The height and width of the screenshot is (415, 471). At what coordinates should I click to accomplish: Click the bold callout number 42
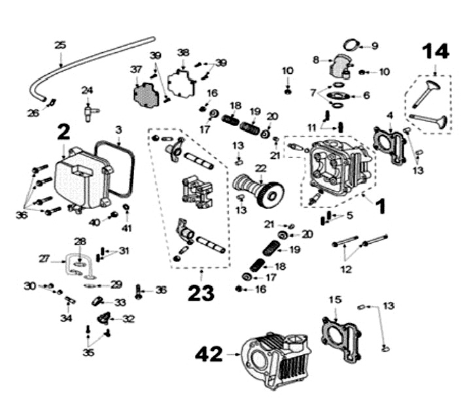click(x=210, y=355)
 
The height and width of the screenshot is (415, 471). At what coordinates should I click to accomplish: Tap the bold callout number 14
click(x=435, y=52)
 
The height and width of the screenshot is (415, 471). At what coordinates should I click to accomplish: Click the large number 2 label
click(x=63, y=133)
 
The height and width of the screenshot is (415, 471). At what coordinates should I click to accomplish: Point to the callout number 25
click(x=60, y=45)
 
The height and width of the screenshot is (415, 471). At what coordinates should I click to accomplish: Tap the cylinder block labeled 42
click(x=275, y=363)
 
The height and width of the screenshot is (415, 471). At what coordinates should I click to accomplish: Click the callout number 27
click(x=44, y=259)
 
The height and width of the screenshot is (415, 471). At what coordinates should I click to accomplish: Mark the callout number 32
click(x=128, y=319)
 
